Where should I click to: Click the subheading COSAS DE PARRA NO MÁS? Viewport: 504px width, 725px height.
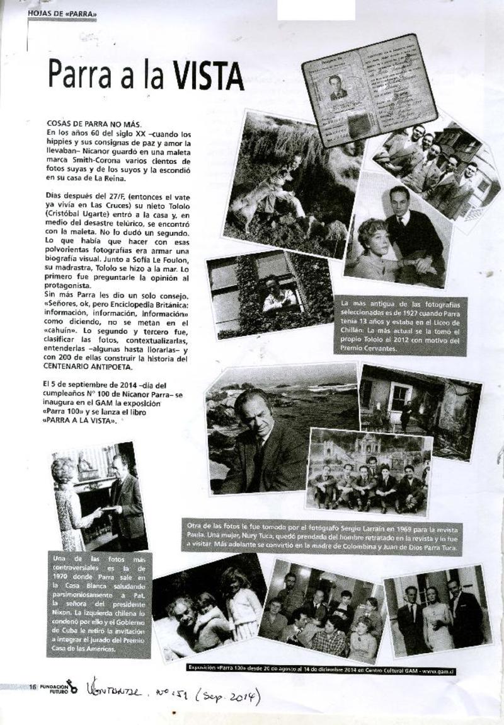point(94,124)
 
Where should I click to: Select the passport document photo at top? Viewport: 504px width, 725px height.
point(369,90)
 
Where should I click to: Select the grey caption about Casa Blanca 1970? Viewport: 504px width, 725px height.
point(99,604)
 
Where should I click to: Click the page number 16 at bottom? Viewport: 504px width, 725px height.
point(33,687)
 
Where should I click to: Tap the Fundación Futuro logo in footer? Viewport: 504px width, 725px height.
point(60,687)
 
